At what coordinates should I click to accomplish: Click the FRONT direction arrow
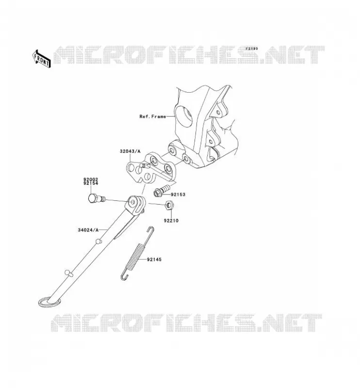(42, 59)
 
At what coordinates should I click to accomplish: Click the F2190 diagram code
(251, 49)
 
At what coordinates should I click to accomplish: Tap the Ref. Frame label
(152, 116)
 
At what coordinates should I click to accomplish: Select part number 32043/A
(130, 151)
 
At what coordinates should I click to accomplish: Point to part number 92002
(91, 179)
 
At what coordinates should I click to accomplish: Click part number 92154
(91, 183)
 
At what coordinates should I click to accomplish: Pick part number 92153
(178, 194)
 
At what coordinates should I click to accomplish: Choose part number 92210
(171, 221)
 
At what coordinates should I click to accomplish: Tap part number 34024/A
(88, 230)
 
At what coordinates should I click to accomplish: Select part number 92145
(154, 259)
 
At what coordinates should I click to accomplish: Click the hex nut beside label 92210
(169, 205)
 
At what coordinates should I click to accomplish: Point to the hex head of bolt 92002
(92, 198)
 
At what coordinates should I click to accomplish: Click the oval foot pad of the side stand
(49, 302)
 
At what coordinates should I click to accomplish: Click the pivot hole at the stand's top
(133, 202)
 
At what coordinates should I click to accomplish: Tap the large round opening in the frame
(184, 116)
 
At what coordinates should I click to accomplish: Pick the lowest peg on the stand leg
(68, 273)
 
